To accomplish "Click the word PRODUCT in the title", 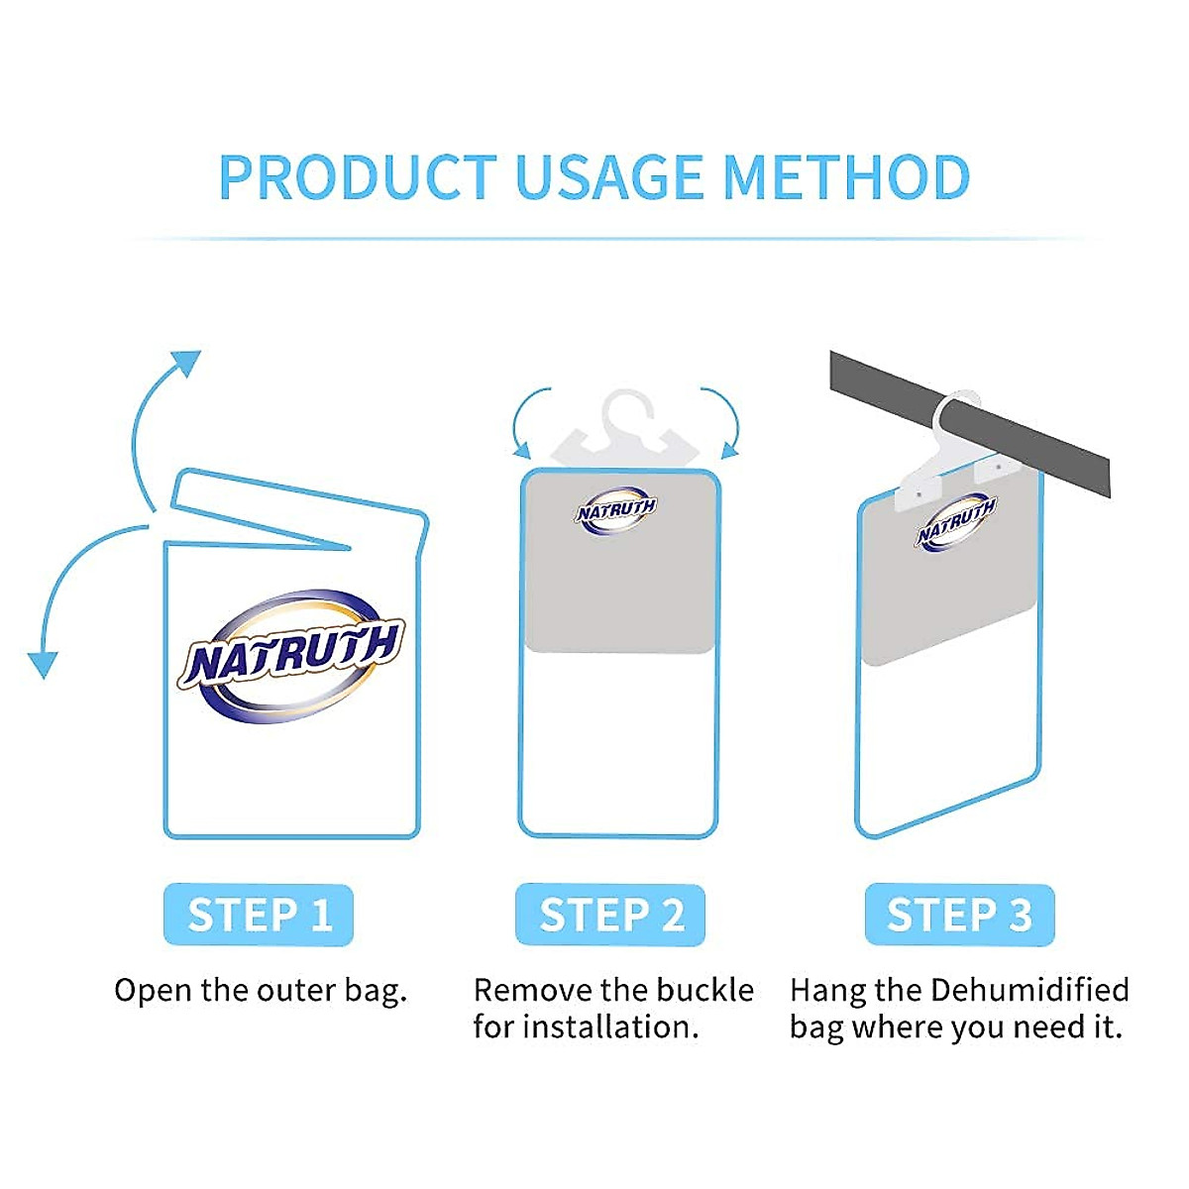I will coord(357,178).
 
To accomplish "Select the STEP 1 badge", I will coord(259,915).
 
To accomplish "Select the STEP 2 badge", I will coord(610,915).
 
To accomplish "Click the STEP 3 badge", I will coord(959,915).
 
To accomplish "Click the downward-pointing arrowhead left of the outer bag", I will coord(42,664).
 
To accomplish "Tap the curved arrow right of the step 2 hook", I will coord(725,421).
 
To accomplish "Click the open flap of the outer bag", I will coord(297,510).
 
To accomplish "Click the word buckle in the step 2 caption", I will coord(705,991).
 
